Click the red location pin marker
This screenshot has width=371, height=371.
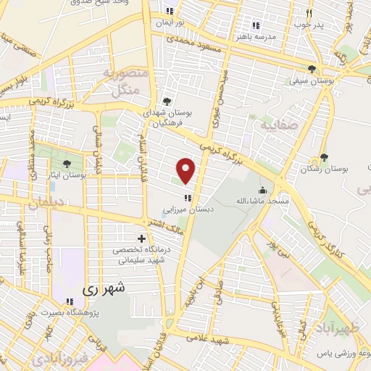click(x=187, y=171)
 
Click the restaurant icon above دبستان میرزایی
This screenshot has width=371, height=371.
click(x=187, y=196)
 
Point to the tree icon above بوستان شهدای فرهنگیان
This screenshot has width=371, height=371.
click(x=168, y=101)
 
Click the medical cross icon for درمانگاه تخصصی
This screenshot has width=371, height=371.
click(x=141, y=238)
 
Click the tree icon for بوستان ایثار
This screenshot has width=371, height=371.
click(x=67, y=164)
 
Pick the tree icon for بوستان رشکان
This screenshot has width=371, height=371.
click(x=323, y=157)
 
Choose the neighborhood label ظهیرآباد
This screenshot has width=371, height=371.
click(x=341, y=319)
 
